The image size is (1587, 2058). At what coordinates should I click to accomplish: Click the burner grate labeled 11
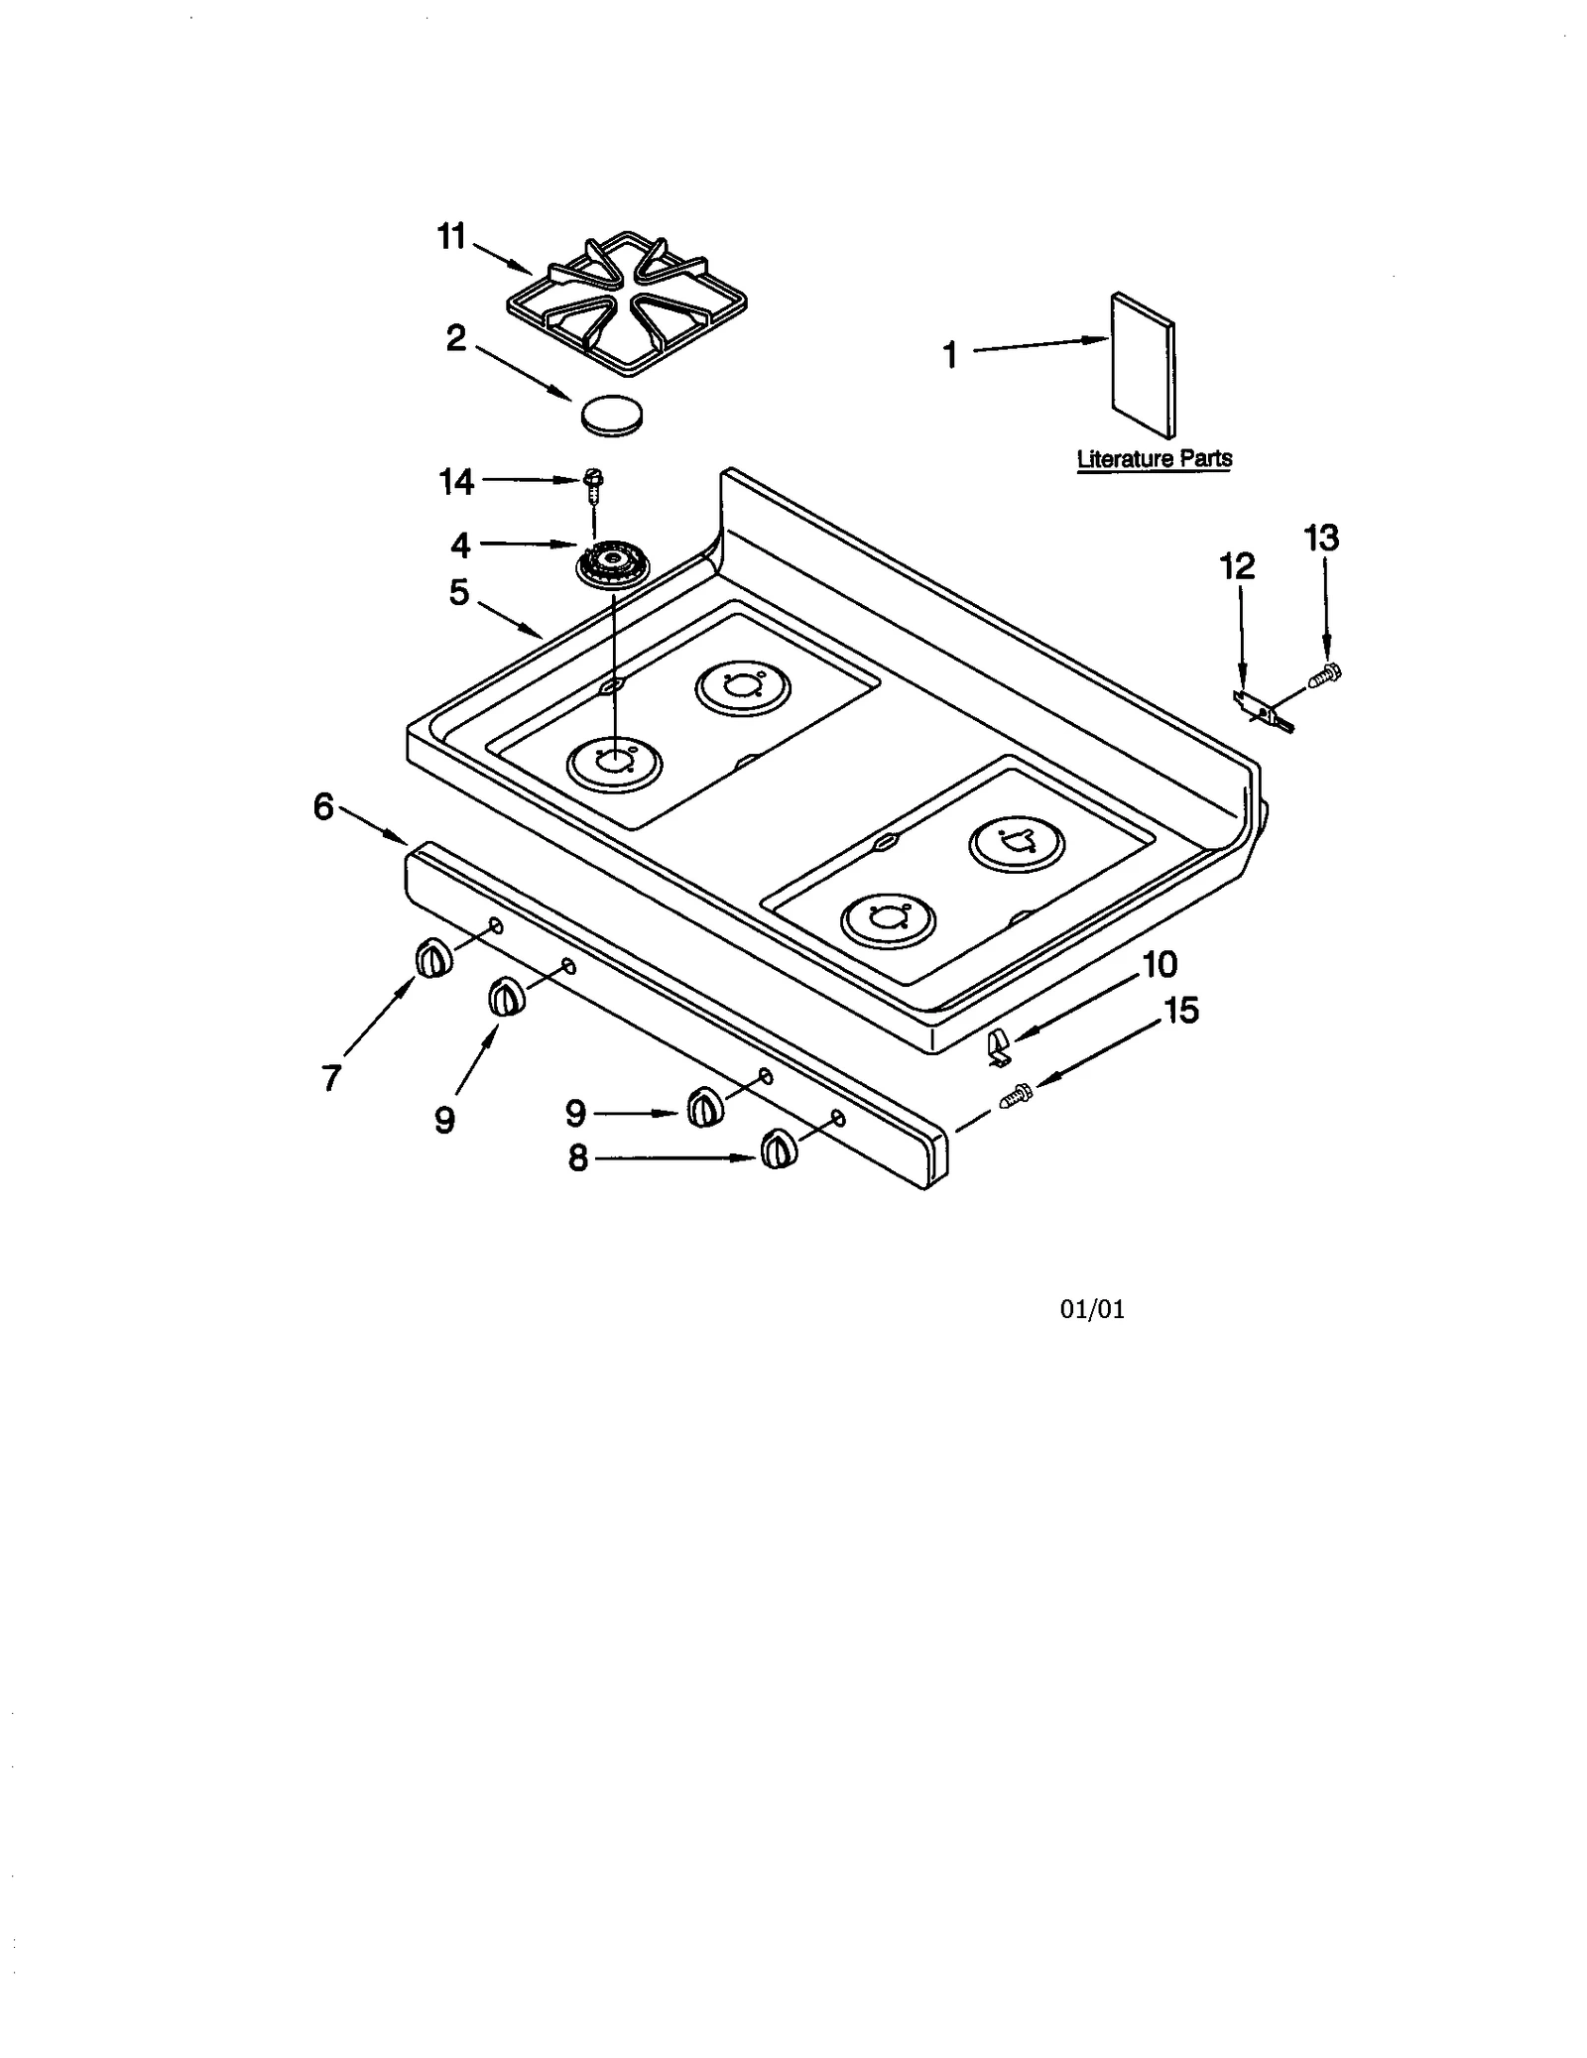click(x=626, y=304)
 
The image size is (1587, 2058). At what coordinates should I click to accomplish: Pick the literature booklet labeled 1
click(x=1143, y=364)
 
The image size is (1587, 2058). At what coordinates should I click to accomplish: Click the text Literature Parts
click(x=1154, y=459)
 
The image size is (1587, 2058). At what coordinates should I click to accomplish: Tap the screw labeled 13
click(x=1324, y=675)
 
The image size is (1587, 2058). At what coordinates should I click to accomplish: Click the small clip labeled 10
click(x=999, y=1046)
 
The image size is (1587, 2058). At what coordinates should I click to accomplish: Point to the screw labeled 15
click(x=1017, y=1097)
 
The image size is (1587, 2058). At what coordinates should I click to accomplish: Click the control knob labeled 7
click(x=431, y=959)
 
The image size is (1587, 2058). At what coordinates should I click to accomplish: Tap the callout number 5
click(x=458, y=592)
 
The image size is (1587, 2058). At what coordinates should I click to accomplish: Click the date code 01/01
click(x=1092, y=1309)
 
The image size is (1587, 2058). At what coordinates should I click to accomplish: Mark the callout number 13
click(x=1320, y=539)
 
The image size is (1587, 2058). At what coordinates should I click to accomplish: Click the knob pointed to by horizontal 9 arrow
click(x=703, y=1107)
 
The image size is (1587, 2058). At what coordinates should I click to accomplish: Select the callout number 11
click(x=451, y=237)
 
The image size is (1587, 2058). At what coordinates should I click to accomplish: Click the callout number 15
click(x=1181, y=1011)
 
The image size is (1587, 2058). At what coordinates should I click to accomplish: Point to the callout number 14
click(x=456, y=482)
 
